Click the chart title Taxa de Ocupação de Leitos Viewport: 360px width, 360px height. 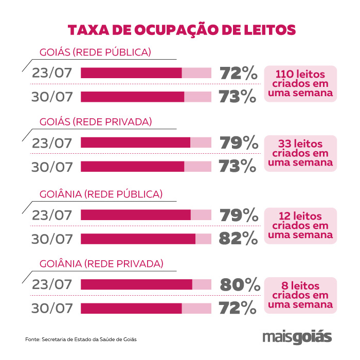pyautogui.click(x=182, y=29)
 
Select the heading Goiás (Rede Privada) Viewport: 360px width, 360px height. pyautogui.click(x=96, y=122)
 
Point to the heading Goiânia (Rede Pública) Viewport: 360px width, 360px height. pyautogui.click(x=101, y=194)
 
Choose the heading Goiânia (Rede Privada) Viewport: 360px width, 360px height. pyautogui.click(x=101, y=264)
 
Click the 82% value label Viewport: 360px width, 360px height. pyautogui.click(x=238, y=239)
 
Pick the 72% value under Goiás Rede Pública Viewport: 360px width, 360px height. pyautogui.click(x=238, y=73)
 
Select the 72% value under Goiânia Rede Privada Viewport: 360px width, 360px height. pyautogui.click(x=238, y=308)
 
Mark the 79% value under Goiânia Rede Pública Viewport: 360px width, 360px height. pyautogui.click(x=238, y=215)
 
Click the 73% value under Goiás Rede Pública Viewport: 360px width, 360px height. pyautogui.click(x=238, y=96)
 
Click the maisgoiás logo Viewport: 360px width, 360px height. pyautogui.click(x=297, y=337)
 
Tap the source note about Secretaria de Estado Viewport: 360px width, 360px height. pyautogui.click(x=81, y=339)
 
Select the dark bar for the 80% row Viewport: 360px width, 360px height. pyautogui.click(x=136, y=284)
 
